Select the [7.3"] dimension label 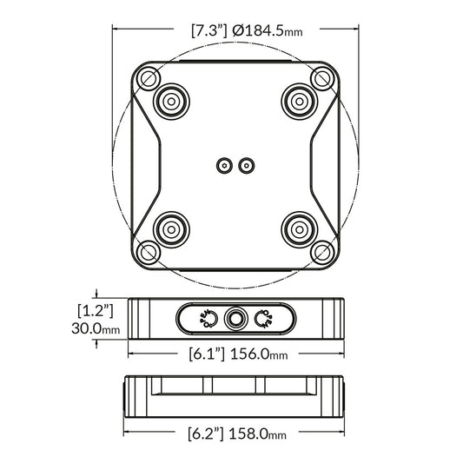point(208,30)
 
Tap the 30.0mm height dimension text point(96,328)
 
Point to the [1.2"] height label point(96,310)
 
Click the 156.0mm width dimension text point(259,354)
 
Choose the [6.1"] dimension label point(207,354)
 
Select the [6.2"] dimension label point(207,432)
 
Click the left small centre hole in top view point(224,164)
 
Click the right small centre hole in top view point(247,164)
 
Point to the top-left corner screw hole point(149,78)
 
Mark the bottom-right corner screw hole point(322,252)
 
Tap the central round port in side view point(235,319)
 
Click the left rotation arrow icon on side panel point(207,319)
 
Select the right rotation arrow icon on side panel point(263,319)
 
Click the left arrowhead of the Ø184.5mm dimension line point(116,30)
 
